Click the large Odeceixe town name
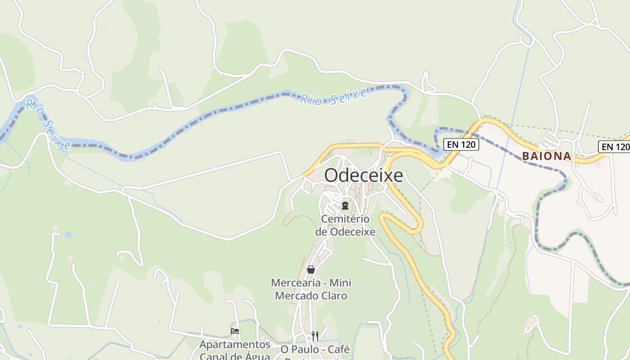click(x=363, y=175)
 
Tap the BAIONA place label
click(x=546, y=156)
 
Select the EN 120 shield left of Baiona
click(x=461, y=144)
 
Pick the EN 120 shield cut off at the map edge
click(x=615, y=146)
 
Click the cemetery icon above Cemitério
click(x=345, y=206)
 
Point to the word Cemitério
click(x=345, y=219)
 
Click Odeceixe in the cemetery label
click(x=353, y=232)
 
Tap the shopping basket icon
click(x=310, y=270)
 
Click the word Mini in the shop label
click(x=341, y=283)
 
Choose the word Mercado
click(x=298, y=296)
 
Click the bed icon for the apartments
click(x=235, y=331)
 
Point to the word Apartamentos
click(x=235, y=345)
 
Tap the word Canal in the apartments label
click(x=217, y=356)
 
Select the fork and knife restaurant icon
click(x=315, y=336)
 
